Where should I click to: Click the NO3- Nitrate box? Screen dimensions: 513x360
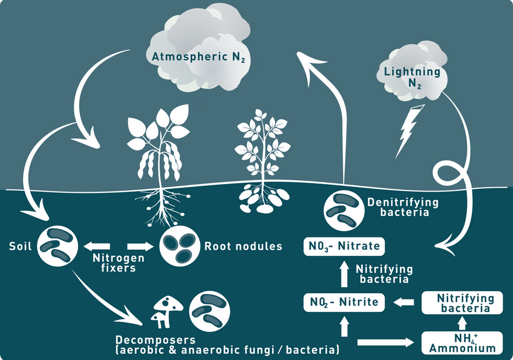pos(343,246)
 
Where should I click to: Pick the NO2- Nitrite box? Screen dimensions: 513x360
pos(343,302)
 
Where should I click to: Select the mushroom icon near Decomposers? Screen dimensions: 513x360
pos(167,311)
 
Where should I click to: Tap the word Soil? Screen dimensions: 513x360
pos(21,246)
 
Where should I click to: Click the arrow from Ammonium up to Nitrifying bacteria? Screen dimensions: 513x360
pos(462,324)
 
